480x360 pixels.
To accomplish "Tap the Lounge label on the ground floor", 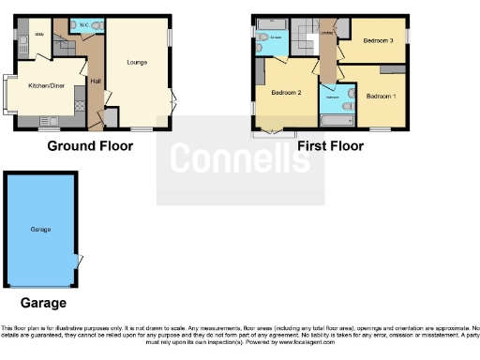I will point(137,62).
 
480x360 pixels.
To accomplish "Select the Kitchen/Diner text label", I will point(44,84).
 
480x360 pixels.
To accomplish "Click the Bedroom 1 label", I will point(381,97).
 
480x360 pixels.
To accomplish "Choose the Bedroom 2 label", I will point(285,93).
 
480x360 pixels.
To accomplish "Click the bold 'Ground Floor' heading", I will point(90,146).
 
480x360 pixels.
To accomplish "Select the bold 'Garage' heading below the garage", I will point(43,304).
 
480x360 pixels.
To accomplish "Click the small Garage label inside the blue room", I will point(39,229).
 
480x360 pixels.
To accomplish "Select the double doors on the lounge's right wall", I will point(172,104).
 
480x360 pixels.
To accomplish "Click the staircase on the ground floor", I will point(62,41).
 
